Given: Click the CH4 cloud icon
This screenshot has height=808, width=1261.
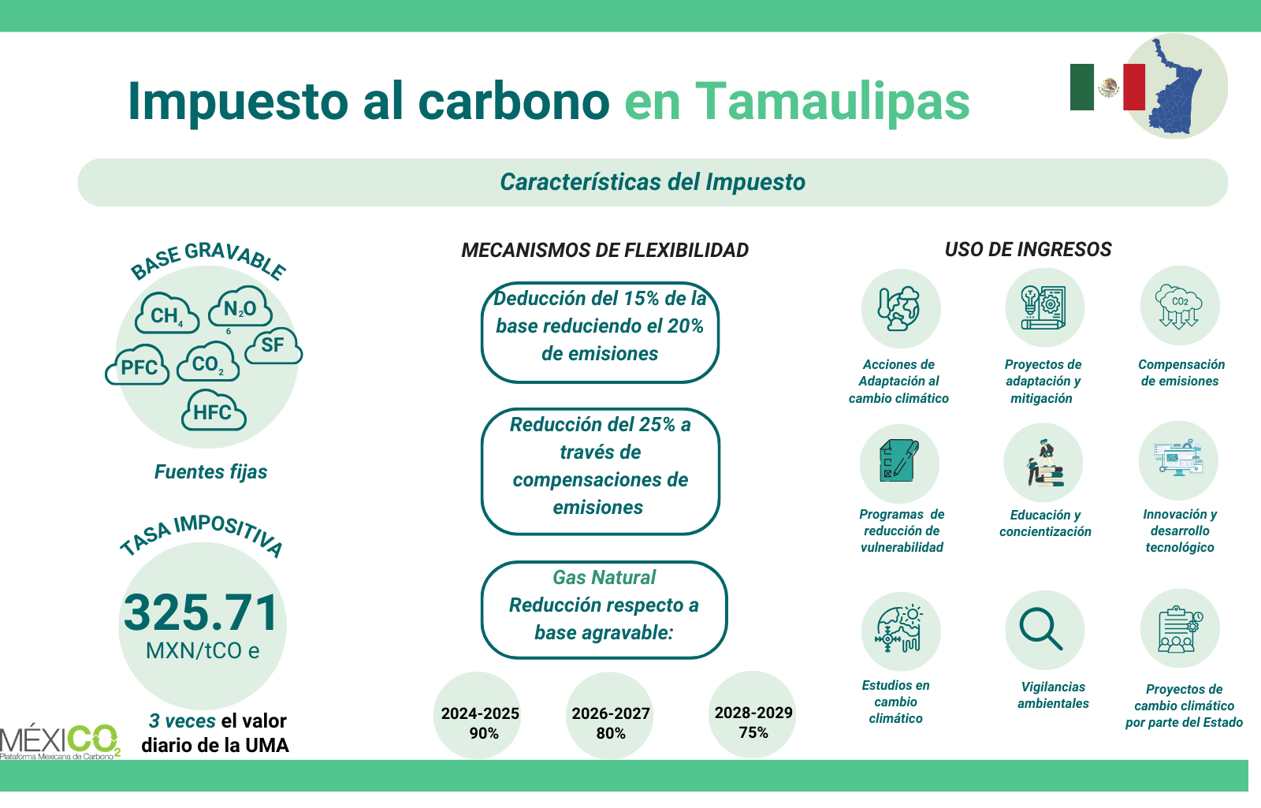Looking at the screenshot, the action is [x=166, y=313].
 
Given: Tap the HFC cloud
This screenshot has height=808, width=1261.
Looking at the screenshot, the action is [x=214, y=411].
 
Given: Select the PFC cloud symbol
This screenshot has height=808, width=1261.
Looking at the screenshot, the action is [x=137, y=365].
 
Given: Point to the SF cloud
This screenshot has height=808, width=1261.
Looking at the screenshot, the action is [x=273, y=345].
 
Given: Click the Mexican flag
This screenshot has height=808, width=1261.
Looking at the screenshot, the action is [x=1107, y=87].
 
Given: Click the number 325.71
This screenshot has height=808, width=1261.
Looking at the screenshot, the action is [x=201, y=613].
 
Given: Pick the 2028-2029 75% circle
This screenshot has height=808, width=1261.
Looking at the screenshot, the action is [x=752, y=714].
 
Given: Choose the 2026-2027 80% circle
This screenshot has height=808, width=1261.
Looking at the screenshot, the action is [x=610, y=715].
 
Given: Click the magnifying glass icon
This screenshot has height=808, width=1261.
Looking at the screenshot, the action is [x=1041, y=629].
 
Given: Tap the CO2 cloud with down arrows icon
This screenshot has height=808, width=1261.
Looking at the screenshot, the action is [x=1178, y=306].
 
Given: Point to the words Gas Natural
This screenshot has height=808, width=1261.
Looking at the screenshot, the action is [x=604, y=577].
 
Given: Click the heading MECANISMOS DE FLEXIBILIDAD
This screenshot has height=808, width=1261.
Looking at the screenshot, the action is [x=604, y=250].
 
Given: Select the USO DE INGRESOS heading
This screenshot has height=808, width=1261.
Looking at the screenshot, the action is [x=1028, y=249].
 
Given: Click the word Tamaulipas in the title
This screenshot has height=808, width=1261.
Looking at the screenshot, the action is [x=832, y=102].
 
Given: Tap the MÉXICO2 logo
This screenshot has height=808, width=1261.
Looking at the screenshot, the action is [x=60, y=741].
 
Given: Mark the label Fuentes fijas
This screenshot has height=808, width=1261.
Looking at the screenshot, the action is [x=210, y=472].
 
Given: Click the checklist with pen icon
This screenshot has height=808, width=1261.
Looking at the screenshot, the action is [x=899, y=460].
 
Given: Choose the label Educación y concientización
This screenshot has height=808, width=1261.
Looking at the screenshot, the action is [x=1045, y=523].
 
